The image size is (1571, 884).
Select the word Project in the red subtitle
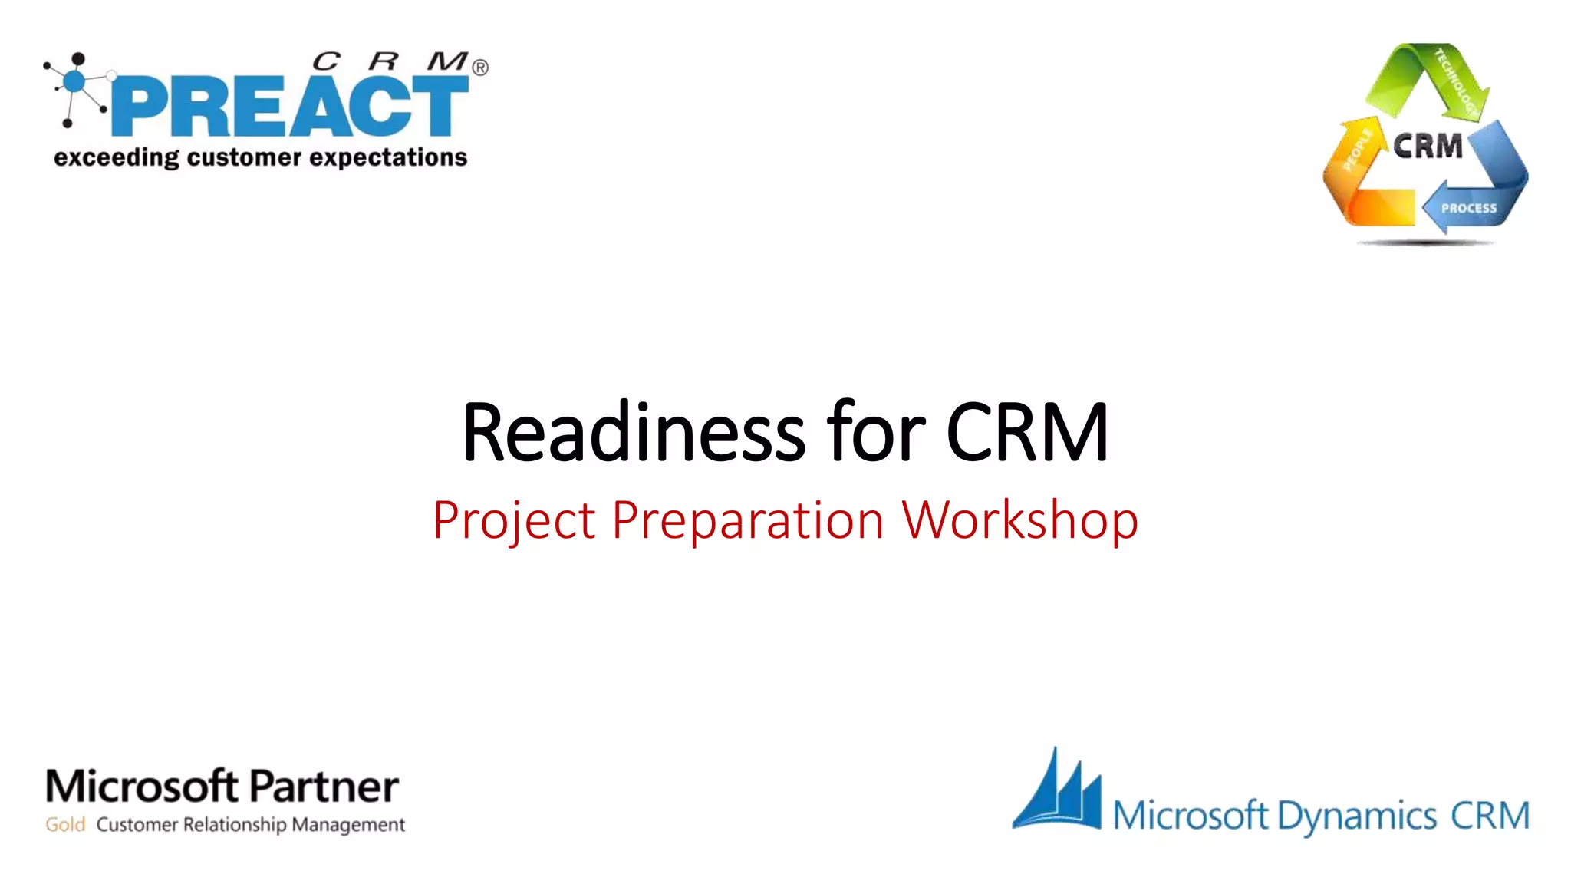pos(514,521)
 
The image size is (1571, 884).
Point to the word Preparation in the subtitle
pos(748,521)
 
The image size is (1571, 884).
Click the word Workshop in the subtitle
pos(1019,521)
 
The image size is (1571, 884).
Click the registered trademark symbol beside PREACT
pos(480,68)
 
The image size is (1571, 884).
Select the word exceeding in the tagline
pos(116,157)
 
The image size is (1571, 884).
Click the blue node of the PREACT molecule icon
pos(74,81)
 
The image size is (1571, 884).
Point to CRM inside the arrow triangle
pos(1428,146)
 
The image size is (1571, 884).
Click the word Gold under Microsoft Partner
pos(65,825)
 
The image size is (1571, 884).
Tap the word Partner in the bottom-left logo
pos(324,787)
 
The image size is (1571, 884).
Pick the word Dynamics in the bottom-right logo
pos(1357,816)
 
